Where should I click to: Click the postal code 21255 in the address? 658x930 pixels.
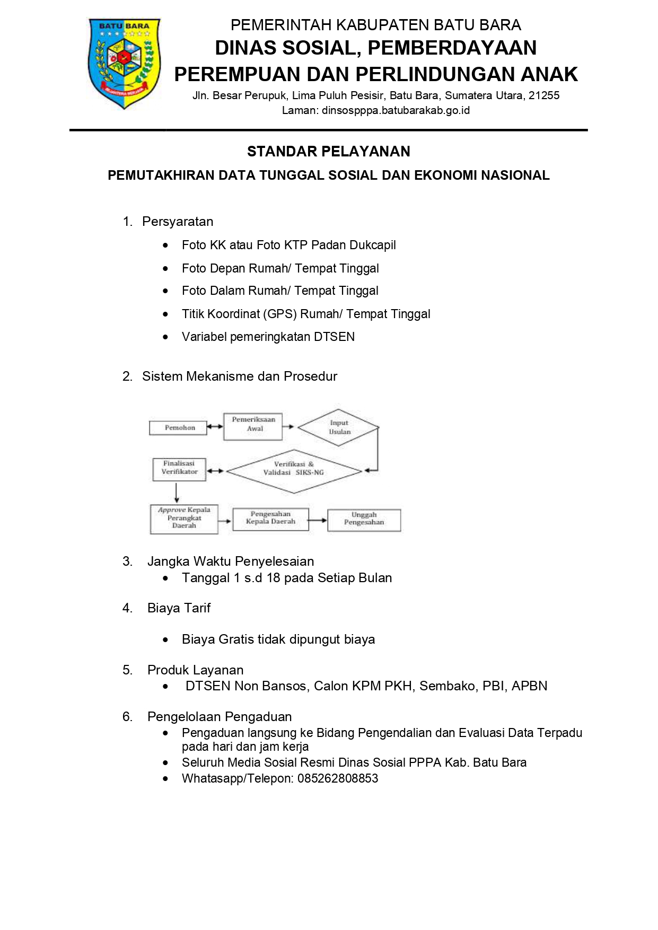[544, 95]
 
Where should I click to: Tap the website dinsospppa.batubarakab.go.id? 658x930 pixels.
[396, 110]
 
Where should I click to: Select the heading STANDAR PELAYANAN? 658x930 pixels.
[329, 152]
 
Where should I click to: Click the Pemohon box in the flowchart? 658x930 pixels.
[179, 427]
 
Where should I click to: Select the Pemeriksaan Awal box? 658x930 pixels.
[253, 426]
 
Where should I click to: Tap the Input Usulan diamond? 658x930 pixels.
[339, 427]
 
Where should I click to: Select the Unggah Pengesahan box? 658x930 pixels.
[364, 520]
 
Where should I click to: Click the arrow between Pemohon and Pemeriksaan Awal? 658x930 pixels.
[215, 427]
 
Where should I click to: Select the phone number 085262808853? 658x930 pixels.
[338, 778]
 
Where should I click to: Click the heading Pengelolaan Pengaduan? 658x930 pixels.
[220, 717]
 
